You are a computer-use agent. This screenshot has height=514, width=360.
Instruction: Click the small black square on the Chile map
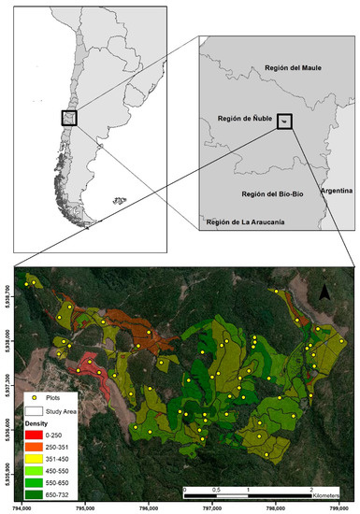coord(69,117)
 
